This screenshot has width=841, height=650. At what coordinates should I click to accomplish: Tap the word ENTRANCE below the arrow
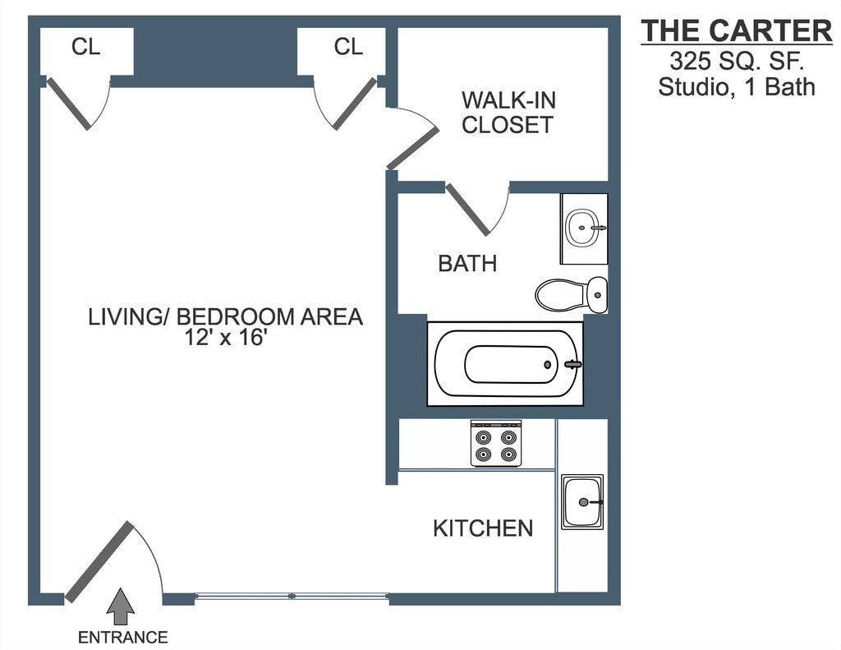[122, 637]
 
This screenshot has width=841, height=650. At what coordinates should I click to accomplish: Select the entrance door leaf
[98, 561]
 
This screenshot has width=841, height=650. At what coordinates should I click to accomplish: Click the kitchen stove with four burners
[496, 443]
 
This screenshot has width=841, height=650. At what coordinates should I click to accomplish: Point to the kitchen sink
[582, 501]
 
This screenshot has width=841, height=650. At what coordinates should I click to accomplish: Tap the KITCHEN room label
[483, 528]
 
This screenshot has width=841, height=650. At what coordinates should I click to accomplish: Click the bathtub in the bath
[505, 363]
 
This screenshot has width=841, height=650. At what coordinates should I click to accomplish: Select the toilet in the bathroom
[571, 293]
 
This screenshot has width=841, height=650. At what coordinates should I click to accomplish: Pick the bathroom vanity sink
[584, 228]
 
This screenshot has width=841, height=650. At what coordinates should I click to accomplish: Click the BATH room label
[467, 264]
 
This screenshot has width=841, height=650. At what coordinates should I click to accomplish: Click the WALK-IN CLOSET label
[508, 113]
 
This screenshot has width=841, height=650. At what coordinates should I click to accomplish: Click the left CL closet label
[85, 47]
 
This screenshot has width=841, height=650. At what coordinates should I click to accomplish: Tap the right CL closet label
[348, 47]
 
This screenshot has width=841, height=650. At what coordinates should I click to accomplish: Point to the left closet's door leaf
[69, 104]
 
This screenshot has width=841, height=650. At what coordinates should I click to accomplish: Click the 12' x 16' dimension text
[226, 339]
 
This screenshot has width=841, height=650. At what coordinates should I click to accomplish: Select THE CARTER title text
[736, 30]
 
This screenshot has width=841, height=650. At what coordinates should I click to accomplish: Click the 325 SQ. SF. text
[737, 60]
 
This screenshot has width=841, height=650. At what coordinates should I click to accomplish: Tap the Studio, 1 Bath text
[737, 86]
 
